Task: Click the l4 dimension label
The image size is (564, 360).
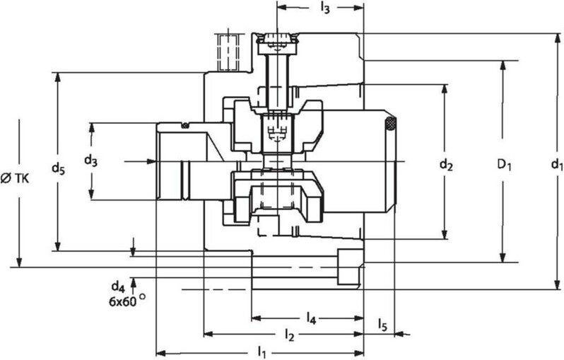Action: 311,318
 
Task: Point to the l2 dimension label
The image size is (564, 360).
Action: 288,334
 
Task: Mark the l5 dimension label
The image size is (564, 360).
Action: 382,325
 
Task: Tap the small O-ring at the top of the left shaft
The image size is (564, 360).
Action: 184,127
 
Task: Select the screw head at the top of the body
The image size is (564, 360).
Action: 276,41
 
